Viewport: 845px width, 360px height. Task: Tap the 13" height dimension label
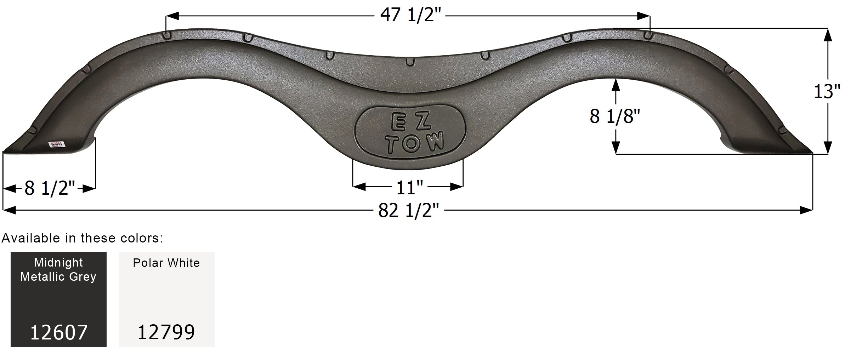(x=827, y=92)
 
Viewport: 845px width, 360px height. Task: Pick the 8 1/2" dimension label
(x=50, y=188)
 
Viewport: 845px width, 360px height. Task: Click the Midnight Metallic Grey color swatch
(x=58, y=299)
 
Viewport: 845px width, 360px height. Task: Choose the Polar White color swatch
(x=166, y=299)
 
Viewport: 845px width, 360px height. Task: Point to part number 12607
(x=58, y=332)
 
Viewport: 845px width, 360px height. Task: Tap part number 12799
(x=166, y=332)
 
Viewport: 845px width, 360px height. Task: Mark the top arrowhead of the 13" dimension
(x=828, y=35)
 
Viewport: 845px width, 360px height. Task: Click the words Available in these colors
(x=82, y=238)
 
